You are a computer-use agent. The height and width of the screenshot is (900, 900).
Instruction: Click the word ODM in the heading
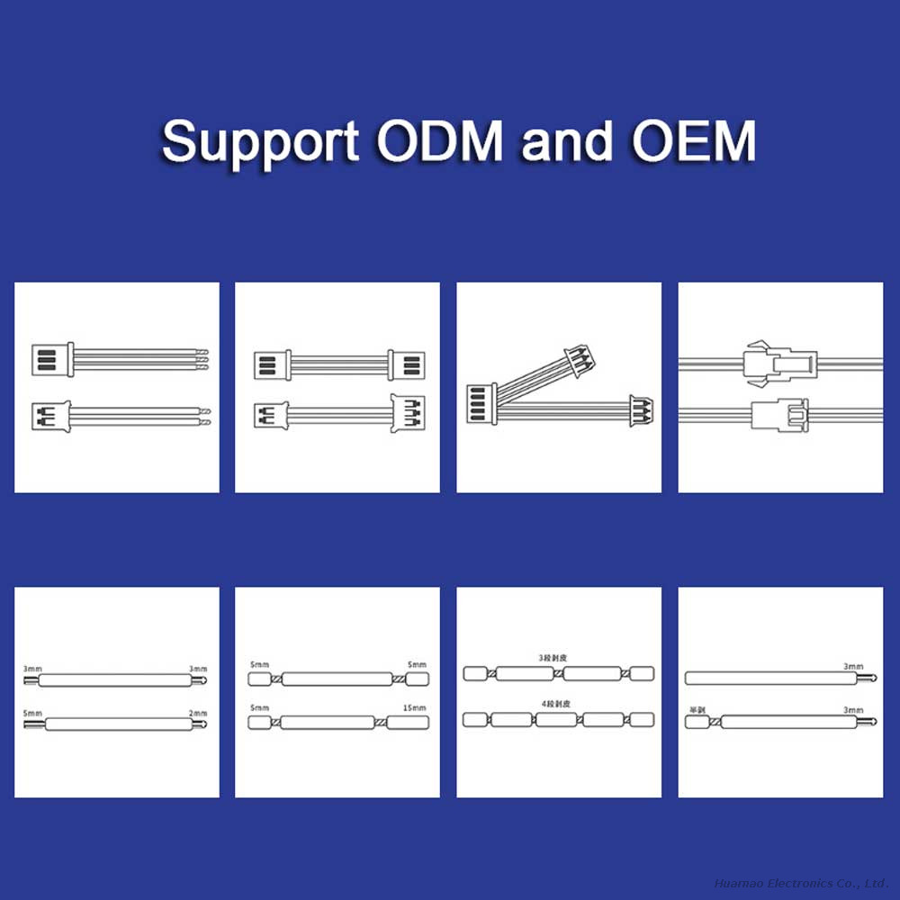[x=441, y=141]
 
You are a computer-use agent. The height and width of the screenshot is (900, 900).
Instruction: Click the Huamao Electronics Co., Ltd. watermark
[x=801, y=883]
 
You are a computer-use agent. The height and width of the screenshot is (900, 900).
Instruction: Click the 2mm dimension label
[x=198, y=713]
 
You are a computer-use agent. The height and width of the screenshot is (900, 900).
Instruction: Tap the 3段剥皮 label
[x=552, y=658]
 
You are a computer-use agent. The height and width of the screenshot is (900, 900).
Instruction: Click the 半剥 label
[x=696, y=709]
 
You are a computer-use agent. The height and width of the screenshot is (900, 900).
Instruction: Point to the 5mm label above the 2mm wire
[x=32, y=713]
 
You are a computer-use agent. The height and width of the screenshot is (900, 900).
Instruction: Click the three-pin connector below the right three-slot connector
[x=406, y=414]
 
